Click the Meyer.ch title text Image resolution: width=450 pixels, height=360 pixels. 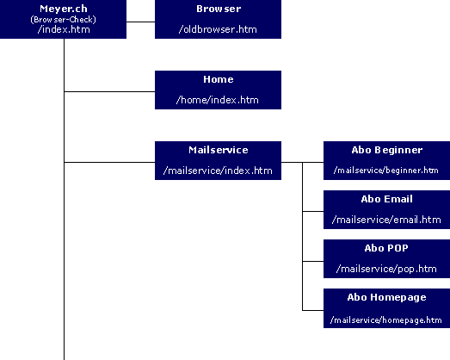(64, 8)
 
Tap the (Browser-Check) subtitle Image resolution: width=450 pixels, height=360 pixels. (64, 18)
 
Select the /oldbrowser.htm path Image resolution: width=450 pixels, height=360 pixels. (218, 28)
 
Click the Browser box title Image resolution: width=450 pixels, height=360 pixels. (218, 9)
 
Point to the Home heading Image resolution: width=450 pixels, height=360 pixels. (218, 79)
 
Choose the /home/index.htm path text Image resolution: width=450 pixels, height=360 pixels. (218, 100)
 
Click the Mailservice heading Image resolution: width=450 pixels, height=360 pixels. (218, 150)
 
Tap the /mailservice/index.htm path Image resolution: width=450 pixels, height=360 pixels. (218, 171)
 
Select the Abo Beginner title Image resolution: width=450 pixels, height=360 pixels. (386, 150)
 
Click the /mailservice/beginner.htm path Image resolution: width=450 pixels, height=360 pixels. (386, 171)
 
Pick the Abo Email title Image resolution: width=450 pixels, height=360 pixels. (386, 199)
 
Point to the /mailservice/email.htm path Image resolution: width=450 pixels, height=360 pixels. (386, 220)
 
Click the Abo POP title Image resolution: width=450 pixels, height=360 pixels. (386, 248)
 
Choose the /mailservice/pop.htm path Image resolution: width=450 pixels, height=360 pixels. (386, 269)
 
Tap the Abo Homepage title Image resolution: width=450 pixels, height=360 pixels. (386, 297)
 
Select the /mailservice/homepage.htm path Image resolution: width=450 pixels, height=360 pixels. (386, 320)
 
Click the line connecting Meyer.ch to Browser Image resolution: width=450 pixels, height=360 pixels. (141, 20)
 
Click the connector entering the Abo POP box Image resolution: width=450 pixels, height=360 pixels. (312, 260)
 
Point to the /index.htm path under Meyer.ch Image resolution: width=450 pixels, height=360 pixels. (64, 29)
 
